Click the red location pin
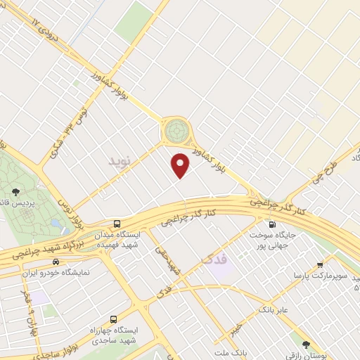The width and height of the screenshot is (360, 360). pos(181,165)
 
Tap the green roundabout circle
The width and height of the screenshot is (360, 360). pos(176,131)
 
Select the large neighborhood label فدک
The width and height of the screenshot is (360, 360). pos(215,259)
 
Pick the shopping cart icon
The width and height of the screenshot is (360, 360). pos(320,266)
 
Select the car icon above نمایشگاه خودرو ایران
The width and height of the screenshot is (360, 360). pos(65,262)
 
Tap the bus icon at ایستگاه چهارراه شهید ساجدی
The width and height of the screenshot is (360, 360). pos(112,319)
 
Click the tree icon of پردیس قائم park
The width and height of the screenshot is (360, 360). pos(15,191)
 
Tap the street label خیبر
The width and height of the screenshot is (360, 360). pos(239,328)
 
